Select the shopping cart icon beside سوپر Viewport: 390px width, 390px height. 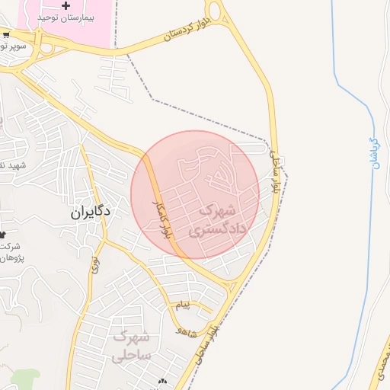(x=6, y=34)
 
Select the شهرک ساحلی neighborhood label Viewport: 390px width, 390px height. (x=133, y=346)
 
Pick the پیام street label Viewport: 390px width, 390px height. (x=182, y=305)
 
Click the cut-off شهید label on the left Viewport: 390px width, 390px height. (x=12, y=165)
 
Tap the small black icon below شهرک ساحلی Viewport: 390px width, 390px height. (x=161, y=381)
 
